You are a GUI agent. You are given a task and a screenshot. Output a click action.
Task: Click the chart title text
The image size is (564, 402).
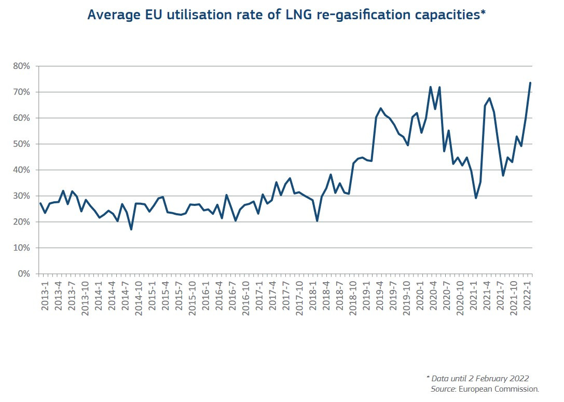click(286, 15)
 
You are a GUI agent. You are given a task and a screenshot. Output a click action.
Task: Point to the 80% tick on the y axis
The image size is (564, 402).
click(22, 66)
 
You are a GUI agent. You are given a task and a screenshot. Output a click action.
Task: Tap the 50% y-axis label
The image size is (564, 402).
click(22, 144)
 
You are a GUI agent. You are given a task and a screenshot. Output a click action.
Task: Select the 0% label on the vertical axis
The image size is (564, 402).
click(24, 274)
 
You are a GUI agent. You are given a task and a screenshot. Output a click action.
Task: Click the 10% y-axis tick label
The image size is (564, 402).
click(22, 248)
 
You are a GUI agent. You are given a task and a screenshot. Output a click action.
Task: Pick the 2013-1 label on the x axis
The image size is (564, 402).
click(45, 296)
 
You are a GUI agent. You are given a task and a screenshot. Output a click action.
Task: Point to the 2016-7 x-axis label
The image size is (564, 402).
click(232, 296)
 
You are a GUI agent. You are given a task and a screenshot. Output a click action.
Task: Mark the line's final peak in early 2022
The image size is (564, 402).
click(530, 83)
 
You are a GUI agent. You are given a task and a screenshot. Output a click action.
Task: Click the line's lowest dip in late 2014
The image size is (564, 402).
click(131, 229)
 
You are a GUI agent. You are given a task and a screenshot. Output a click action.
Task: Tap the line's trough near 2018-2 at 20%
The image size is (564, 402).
click(317, 221)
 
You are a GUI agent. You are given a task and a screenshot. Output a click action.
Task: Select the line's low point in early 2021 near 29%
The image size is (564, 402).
click(476, 198)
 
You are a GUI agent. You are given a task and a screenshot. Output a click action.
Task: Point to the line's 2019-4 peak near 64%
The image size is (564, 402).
click(380, 108)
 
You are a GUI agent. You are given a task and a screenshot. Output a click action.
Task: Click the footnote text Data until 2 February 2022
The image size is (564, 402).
click(480, 378)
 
